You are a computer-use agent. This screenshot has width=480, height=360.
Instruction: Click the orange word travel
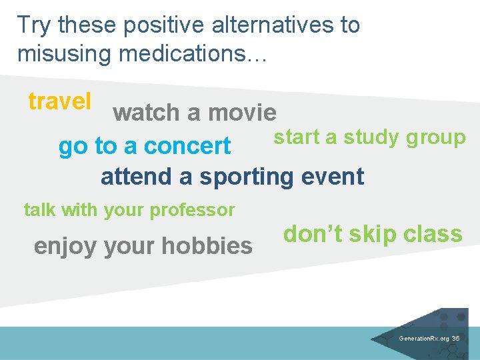tap(59, 101)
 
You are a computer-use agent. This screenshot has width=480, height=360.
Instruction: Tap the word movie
tap(242, 113)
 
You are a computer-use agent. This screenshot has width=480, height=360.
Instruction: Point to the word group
tap(435, 137)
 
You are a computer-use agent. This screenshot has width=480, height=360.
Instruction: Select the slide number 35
tap(455, 339)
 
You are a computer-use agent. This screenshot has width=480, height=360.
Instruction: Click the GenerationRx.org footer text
tap(423, 339)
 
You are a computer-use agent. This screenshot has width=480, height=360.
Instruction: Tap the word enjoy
tap(64, 246)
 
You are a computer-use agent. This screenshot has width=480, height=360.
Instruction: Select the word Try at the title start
tap(35, 25)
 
